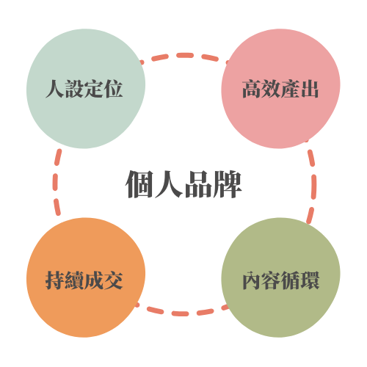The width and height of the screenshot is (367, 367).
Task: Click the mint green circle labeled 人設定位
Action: pos(86,89)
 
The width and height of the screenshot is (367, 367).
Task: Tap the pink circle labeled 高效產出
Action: pos(280,89)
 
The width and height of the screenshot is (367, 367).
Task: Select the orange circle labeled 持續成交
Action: pos(86,277)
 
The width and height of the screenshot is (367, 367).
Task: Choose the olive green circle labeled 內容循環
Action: pos(280,277)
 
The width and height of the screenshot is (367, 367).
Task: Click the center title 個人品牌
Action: pos(183,184)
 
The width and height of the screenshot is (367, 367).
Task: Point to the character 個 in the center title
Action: pos(139,184)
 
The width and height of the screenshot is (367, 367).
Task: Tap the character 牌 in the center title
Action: pos(228,184)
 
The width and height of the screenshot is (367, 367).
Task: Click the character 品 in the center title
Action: pos(198,184)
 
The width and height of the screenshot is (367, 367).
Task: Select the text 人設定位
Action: pos(84,89)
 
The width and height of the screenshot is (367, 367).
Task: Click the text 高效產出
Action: pos(280,89)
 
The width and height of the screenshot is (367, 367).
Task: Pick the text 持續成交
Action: pos(84,280)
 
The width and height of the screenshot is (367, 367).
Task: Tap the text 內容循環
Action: pos(281,280)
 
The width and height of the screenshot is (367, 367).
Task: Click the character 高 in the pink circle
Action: pos(252,89)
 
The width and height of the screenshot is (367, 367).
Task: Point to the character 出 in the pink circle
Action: pos(310,89)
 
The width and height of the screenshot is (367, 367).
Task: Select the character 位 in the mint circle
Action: pos(114,89)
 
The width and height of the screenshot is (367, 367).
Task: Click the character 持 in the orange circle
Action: pos(55,280)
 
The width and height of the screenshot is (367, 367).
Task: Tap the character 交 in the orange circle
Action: pos(114,280)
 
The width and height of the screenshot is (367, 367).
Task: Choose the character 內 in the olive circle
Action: pos(252,280)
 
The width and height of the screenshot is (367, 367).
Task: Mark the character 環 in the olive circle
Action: pos(310,280)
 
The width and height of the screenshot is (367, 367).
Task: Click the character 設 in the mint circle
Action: pos(74,89)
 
